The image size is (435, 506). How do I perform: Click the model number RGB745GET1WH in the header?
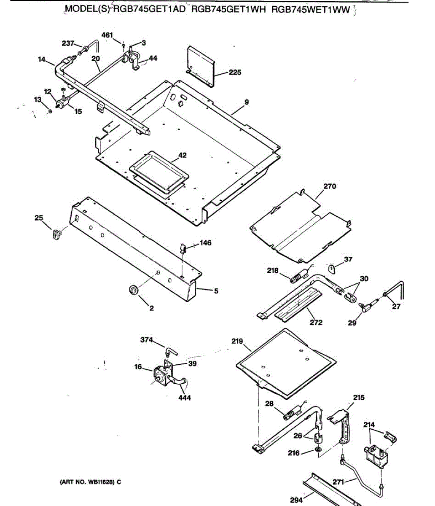229,10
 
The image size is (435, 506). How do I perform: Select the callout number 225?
235,73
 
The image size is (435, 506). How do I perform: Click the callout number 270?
330,186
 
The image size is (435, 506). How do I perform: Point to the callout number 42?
182,155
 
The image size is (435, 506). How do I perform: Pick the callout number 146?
205,243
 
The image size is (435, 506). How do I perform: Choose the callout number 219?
237,341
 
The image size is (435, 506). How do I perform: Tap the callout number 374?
147,340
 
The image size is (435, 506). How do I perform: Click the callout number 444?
184,398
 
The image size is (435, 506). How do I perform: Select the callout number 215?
359,397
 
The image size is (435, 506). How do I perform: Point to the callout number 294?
297,500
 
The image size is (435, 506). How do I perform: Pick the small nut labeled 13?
50,111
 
